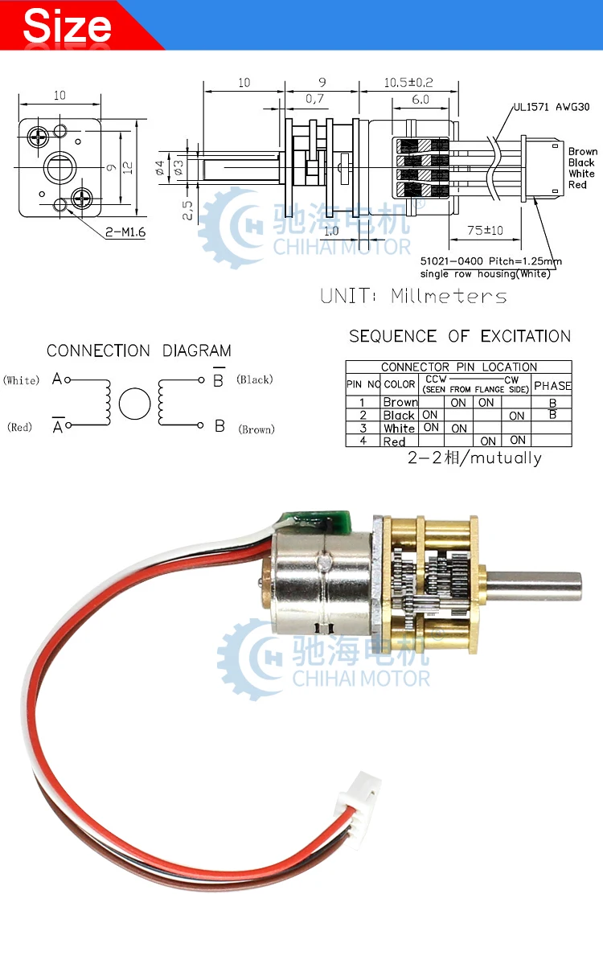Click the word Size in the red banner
click(68, 26)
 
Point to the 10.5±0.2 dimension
click(408, 82)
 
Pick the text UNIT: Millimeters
click(413, 296)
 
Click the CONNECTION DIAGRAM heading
click(138, 351)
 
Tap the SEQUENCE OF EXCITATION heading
click(460, 336)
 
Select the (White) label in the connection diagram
click(21, 380)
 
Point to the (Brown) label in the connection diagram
click(256, 429)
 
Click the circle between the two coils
click(135, 404)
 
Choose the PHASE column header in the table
click(552, 385)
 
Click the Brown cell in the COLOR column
click(400, 402)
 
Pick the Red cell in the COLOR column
click(394, 441)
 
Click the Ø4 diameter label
click(160, 167)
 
